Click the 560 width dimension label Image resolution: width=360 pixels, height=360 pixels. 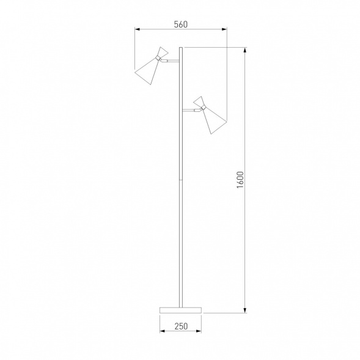(181, 24)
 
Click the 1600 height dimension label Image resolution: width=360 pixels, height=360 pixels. (240, 180)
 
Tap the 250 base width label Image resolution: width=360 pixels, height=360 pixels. (181, 326)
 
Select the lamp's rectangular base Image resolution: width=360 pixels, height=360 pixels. (180, 310)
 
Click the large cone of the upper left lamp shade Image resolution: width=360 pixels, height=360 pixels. (147, 71)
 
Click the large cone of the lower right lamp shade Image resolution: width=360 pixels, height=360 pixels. (214, 120)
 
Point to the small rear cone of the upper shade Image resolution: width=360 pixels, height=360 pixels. (163, 53)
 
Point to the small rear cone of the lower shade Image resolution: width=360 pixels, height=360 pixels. (199, 101)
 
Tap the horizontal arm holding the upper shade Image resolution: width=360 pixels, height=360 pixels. (172, 61)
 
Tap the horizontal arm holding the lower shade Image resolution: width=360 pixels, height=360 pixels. (189, 110)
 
